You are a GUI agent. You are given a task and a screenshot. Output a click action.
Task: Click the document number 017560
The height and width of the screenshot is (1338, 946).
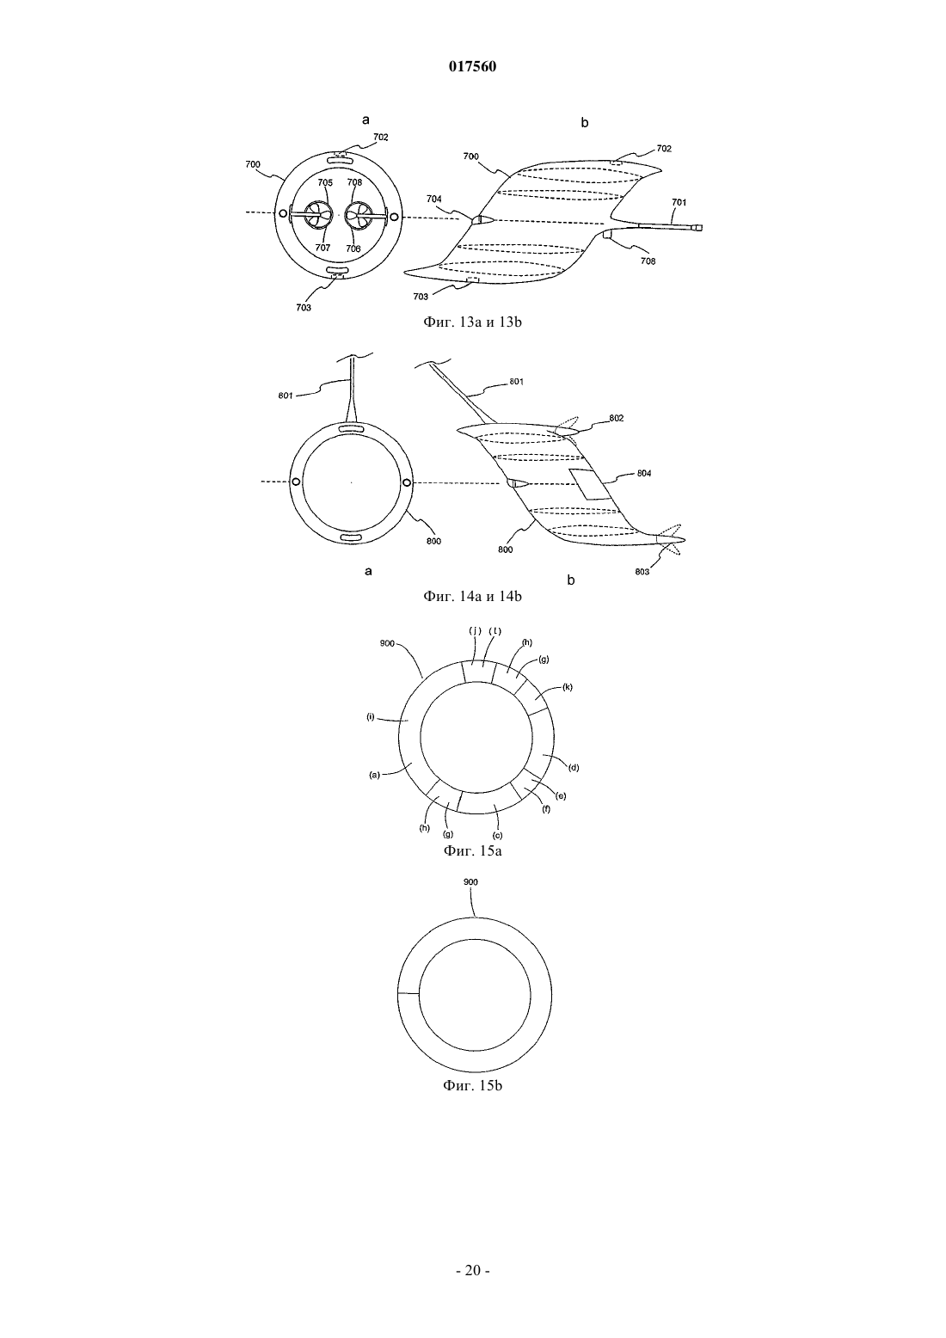pos(472,66)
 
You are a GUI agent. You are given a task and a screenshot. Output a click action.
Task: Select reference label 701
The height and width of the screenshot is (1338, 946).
pos(679,202)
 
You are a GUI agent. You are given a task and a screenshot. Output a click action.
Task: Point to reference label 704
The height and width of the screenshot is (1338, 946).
pos(434,199)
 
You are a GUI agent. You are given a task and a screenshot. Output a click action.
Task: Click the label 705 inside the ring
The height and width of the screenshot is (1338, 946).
pos(325,183)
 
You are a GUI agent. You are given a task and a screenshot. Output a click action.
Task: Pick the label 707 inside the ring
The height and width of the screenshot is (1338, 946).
pos(322,248)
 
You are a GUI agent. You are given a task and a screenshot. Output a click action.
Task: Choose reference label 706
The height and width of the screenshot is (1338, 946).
pos(353,249)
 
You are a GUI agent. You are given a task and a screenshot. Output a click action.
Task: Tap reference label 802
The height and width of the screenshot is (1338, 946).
pos(617,418)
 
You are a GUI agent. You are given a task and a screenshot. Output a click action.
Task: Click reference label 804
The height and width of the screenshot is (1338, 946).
pos(644,473)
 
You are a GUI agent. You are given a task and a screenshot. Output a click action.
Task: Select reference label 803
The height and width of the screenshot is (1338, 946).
pos(642,572)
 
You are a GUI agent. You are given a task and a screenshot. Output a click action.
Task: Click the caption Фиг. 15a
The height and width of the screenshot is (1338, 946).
pos(472,850)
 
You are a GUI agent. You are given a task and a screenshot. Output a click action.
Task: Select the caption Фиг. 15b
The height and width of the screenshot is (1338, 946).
pos(472,1085)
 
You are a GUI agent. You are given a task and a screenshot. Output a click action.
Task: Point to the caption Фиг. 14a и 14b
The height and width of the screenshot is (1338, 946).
pos(472,596)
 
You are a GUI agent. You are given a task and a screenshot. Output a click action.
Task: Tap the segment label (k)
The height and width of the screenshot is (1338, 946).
pos(568,687)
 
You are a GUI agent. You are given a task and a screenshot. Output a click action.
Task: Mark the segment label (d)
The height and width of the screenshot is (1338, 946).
pos(574,768)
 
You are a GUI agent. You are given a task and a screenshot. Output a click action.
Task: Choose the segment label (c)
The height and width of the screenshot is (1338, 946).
pos(497,835)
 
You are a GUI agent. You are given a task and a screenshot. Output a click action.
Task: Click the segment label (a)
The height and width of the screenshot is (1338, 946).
pos(374,776)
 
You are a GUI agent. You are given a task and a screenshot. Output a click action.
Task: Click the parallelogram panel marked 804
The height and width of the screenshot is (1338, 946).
pos(589,484)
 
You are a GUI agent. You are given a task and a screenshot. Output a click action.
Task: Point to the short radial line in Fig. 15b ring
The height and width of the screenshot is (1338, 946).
pos(408,993)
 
